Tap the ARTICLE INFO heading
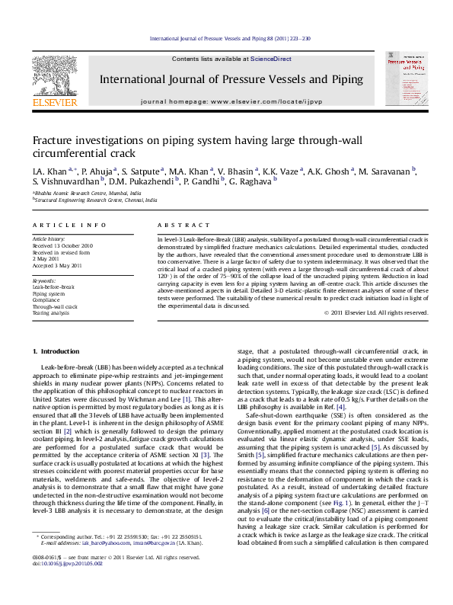click(x=61, y=226)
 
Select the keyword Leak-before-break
click(x=53, y=287)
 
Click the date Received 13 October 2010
click(x=62, y=246)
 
